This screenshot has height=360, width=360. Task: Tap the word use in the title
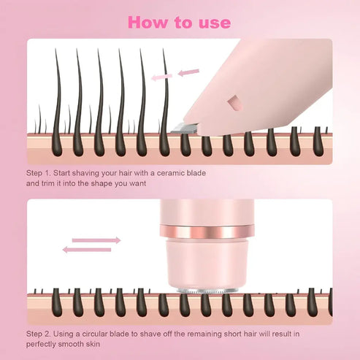pos(212,22)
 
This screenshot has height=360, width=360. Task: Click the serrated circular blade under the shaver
pos(209,291)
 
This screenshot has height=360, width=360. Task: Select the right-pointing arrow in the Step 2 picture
pos(96,239)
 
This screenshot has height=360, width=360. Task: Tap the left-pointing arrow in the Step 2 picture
pos(86,250)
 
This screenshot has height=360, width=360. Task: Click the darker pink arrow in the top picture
pos(188,72)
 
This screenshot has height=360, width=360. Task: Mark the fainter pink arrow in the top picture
pos(162,74)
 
